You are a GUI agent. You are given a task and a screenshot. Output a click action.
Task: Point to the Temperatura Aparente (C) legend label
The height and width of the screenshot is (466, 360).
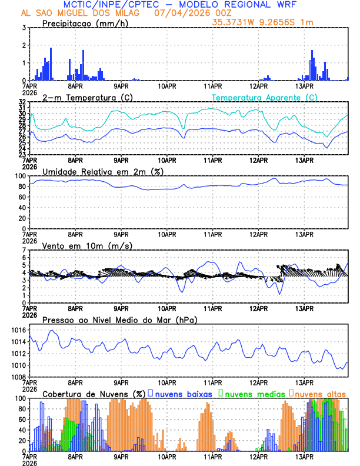coord(264,97)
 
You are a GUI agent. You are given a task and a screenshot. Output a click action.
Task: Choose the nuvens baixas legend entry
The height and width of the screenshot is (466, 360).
coord(182,394)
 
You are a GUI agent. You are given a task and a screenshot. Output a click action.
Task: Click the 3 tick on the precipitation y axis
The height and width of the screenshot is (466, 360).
coord(24,28)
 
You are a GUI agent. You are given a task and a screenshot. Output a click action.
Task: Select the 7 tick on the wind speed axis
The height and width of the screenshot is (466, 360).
coord(24,250)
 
